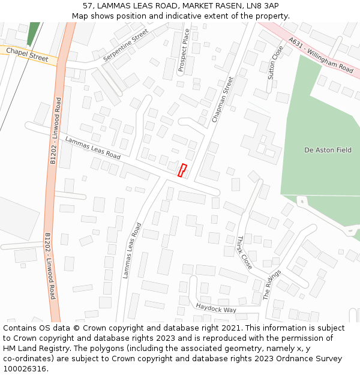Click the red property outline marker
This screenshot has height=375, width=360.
[x=182, y=170]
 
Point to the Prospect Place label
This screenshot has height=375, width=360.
[x=184, y=50]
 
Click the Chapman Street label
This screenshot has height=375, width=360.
[x=222, y=100]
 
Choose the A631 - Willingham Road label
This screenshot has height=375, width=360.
[x=320, y=56]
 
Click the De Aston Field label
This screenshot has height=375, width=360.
[x=328, y=150]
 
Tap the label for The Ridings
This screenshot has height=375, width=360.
[x=272, y=284]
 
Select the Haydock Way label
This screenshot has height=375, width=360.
[x=216, y=308]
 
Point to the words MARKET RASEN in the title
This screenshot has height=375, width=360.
[x=214, y=6]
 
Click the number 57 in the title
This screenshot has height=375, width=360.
[x=88, y=6]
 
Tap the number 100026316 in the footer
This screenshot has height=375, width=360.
[x=24, y=369]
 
